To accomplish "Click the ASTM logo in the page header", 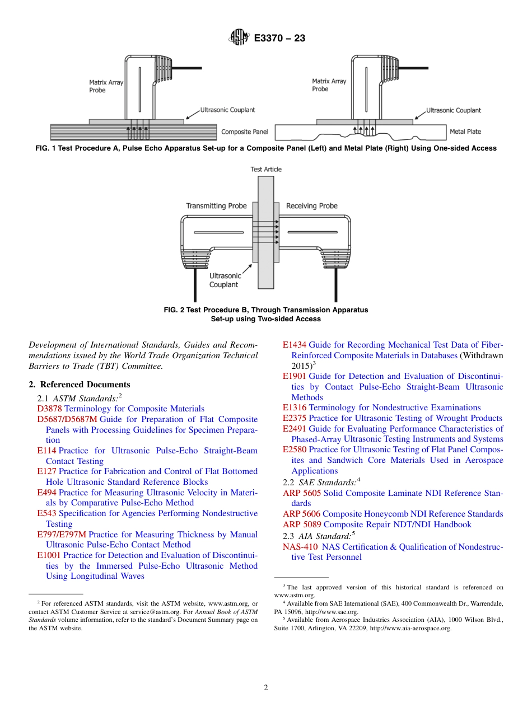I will [x=239, y=38].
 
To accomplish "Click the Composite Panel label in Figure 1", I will [x=244, y=132].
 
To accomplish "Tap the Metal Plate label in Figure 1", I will [x=465, y=132].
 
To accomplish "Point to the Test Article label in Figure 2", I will [x=266, y=169].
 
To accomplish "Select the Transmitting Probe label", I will [x=216, y=206].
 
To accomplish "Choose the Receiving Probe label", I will [x=311, y=206].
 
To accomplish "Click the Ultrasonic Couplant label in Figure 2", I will [x=225, y=280].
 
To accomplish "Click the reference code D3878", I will [x=50, y=409].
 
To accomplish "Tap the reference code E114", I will [x=46, y=451].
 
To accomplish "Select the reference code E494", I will [x=46, y=493].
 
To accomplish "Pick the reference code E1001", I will [x=49, y=555].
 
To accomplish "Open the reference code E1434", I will [x=295, y=345].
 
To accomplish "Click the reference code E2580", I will [x=295, y=449].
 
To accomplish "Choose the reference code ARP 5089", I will [x=302, y=524].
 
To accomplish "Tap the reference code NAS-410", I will [x=301, y=547].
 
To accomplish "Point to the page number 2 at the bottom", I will [x=266, y=688].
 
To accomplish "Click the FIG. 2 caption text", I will [x=266, y=314].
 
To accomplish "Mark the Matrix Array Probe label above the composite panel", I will [x=106, y=86].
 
